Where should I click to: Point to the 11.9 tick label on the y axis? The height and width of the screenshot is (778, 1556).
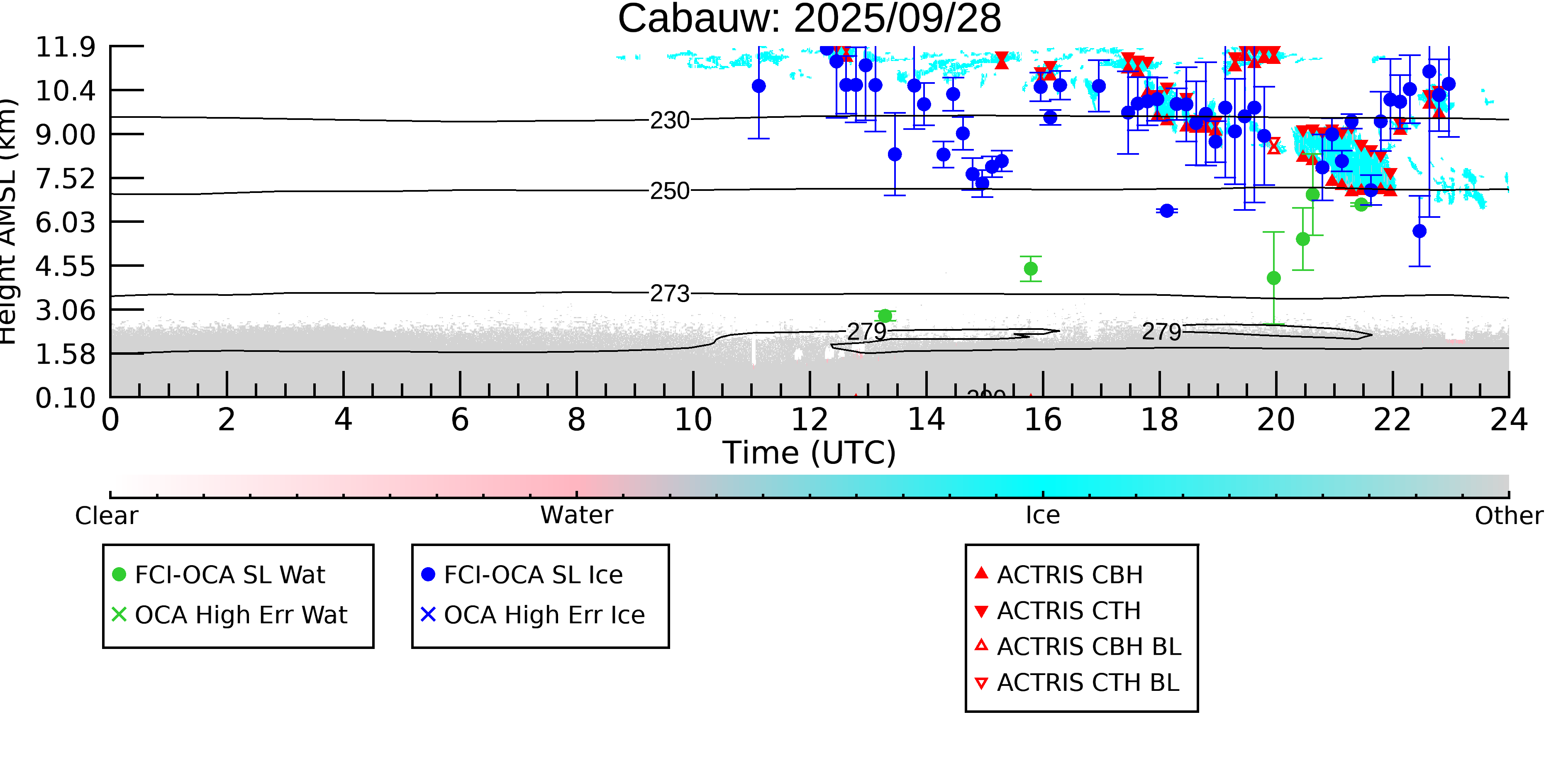click(x=65, y=47)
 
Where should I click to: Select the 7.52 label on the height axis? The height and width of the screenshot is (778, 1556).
click(x=65, y=179)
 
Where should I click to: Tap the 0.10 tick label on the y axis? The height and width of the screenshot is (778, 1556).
click(x=65, y=398)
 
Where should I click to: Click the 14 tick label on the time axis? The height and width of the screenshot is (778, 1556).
click(x=926, y=420)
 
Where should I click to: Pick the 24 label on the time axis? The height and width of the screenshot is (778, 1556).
click(x=1508, y=420)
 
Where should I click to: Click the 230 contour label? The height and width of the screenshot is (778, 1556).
click(x=669, y=121)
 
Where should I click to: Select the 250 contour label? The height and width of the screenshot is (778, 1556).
click(x=669, y=191)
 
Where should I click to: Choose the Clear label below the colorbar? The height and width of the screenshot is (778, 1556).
click(x=106, y=516)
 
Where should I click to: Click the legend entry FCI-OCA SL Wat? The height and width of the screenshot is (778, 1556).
click(x=229, y=574)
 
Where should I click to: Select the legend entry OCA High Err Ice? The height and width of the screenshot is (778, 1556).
click(x=544, y=615)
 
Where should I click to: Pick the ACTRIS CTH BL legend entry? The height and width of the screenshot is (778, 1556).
click(x=1087, y=683)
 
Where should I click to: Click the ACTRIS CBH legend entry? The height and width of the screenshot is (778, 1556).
click(x=1069, y=574)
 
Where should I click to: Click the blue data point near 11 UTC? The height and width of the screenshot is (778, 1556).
click(x=758, y=86)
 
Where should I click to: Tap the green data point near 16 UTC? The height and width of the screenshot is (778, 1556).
click(x=1031, y=269)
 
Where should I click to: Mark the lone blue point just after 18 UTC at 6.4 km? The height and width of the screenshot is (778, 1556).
click(x=1166, y=211)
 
